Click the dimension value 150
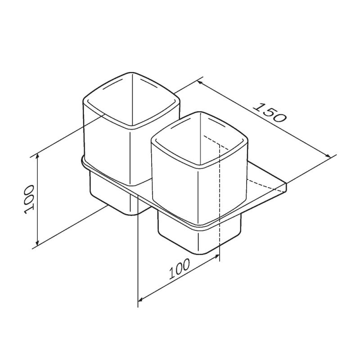270,113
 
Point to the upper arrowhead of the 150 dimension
199,83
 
